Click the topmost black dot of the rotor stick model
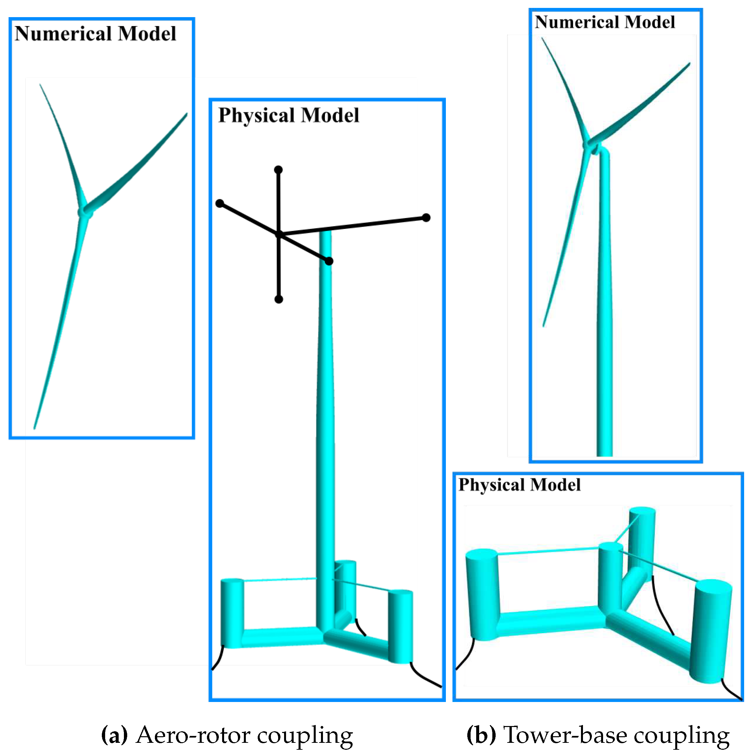pyautogui.click(x=278, y=170)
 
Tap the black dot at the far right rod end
pyautogui.click(x=426, y=217)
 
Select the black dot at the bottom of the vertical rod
pyautogui.click(x=279, y=299)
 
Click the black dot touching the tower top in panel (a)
pyautogui.click(x=329, y=261)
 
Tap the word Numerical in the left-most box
pyautogui.click(x=63, y=34)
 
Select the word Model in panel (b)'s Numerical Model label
pyautogui.click(x=650, y=22)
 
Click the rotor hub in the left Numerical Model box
pyautogui.click(x=85, y=212)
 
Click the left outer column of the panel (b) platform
pyautogui.click(x=483, y=595)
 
